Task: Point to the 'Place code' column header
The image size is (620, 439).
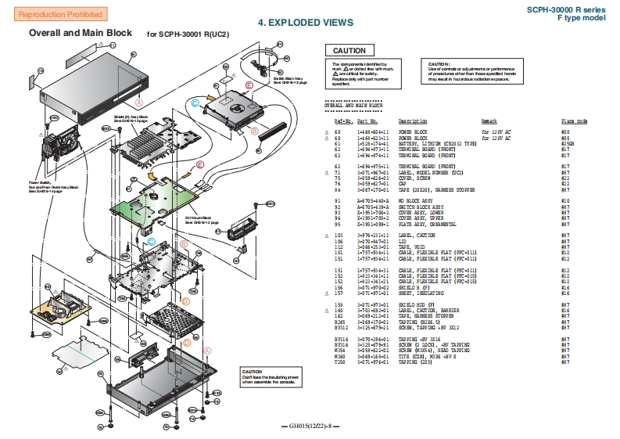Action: click(574, 121)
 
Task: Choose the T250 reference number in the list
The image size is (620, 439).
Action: click(340, 362)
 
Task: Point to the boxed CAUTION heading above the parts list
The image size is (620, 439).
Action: click(349, 51)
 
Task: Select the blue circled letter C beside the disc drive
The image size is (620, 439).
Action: click(195, 103)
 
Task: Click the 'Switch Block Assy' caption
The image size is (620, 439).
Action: click(288, 81)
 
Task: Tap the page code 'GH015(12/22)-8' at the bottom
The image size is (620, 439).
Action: click(311, 426)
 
